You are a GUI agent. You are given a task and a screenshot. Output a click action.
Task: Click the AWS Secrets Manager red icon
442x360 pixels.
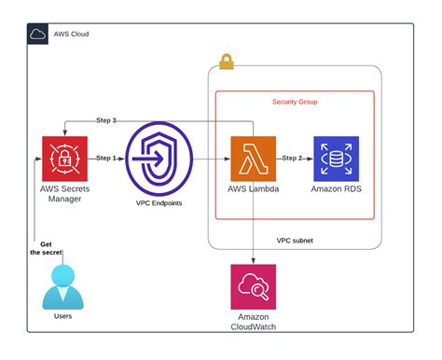tap(64, 159)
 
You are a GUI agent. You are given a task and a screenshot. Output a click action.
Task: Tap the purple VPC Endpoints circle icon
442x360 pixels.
tap(157, 159)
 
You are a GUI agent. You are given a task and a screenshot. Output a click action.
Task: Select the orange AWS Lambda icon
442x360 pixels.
tap(254, 159)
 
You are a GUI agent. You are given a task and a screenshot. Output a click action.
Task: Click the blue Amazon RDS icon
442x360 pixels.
tap(336, 159)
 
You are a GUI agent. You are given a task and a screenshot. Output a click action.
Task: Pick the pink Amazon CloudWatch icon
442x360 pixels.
tap(254, 286)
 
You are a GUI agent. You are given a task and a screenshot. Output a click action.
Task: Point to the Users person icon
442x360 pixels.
tap(63, 286)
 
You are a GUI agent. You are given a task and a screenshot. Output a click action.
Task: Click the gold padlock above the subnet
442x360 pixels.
tap(226, 62)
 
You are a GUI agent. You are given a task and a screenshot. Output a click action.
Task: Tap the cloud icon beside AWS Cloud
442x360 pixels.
tap(38, 35)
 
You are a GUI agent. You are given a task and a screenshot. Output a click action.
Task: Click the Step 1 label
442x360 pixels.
tap(107, 159)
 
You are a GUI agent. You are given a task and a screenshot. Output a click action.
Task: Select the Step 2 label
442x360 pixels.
tap(294, 159)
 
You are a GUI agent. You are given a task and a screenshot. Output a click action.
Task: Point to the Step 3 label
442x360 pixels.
tap(106, 120)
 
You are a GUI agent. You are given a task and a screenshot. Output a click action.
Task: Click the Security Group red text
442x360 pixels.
tap(295, 101)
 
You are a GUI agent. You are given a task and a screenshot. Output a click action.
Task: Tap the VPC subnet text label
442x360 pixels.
tap(296, 240)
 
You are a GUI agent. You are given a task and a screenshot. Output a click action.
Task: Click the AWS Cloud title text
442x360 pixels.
tap(71, 35)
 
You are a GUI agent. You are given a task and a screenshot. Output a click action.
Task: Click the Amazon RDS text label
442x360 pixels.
tap(336, 189)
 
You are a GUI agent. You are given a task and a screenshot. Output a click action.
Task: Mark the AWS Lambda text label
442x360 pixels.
tap(254, 189)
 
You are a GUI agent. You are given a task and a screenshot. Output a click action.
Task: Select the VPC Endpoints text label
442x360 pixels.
tap(157, 201)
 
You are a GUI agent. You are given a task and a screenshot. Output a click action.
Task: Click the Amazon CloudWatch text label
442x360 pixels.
tap(254, 323)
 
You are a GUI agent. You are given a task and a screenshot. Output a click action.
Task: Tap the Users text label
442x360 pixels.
tap(63, 316)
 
